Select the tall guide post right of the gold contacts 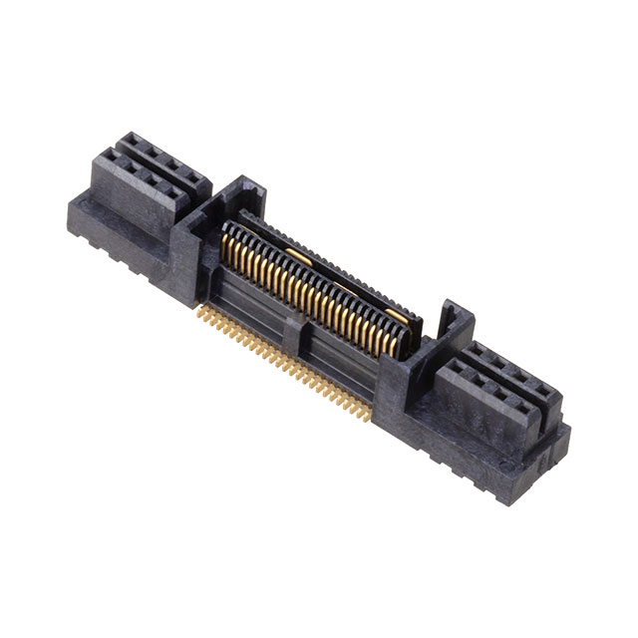point(451,319)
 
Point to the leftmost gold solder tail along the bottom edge point(202,311)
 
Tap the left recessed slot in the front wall point(254,299)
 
